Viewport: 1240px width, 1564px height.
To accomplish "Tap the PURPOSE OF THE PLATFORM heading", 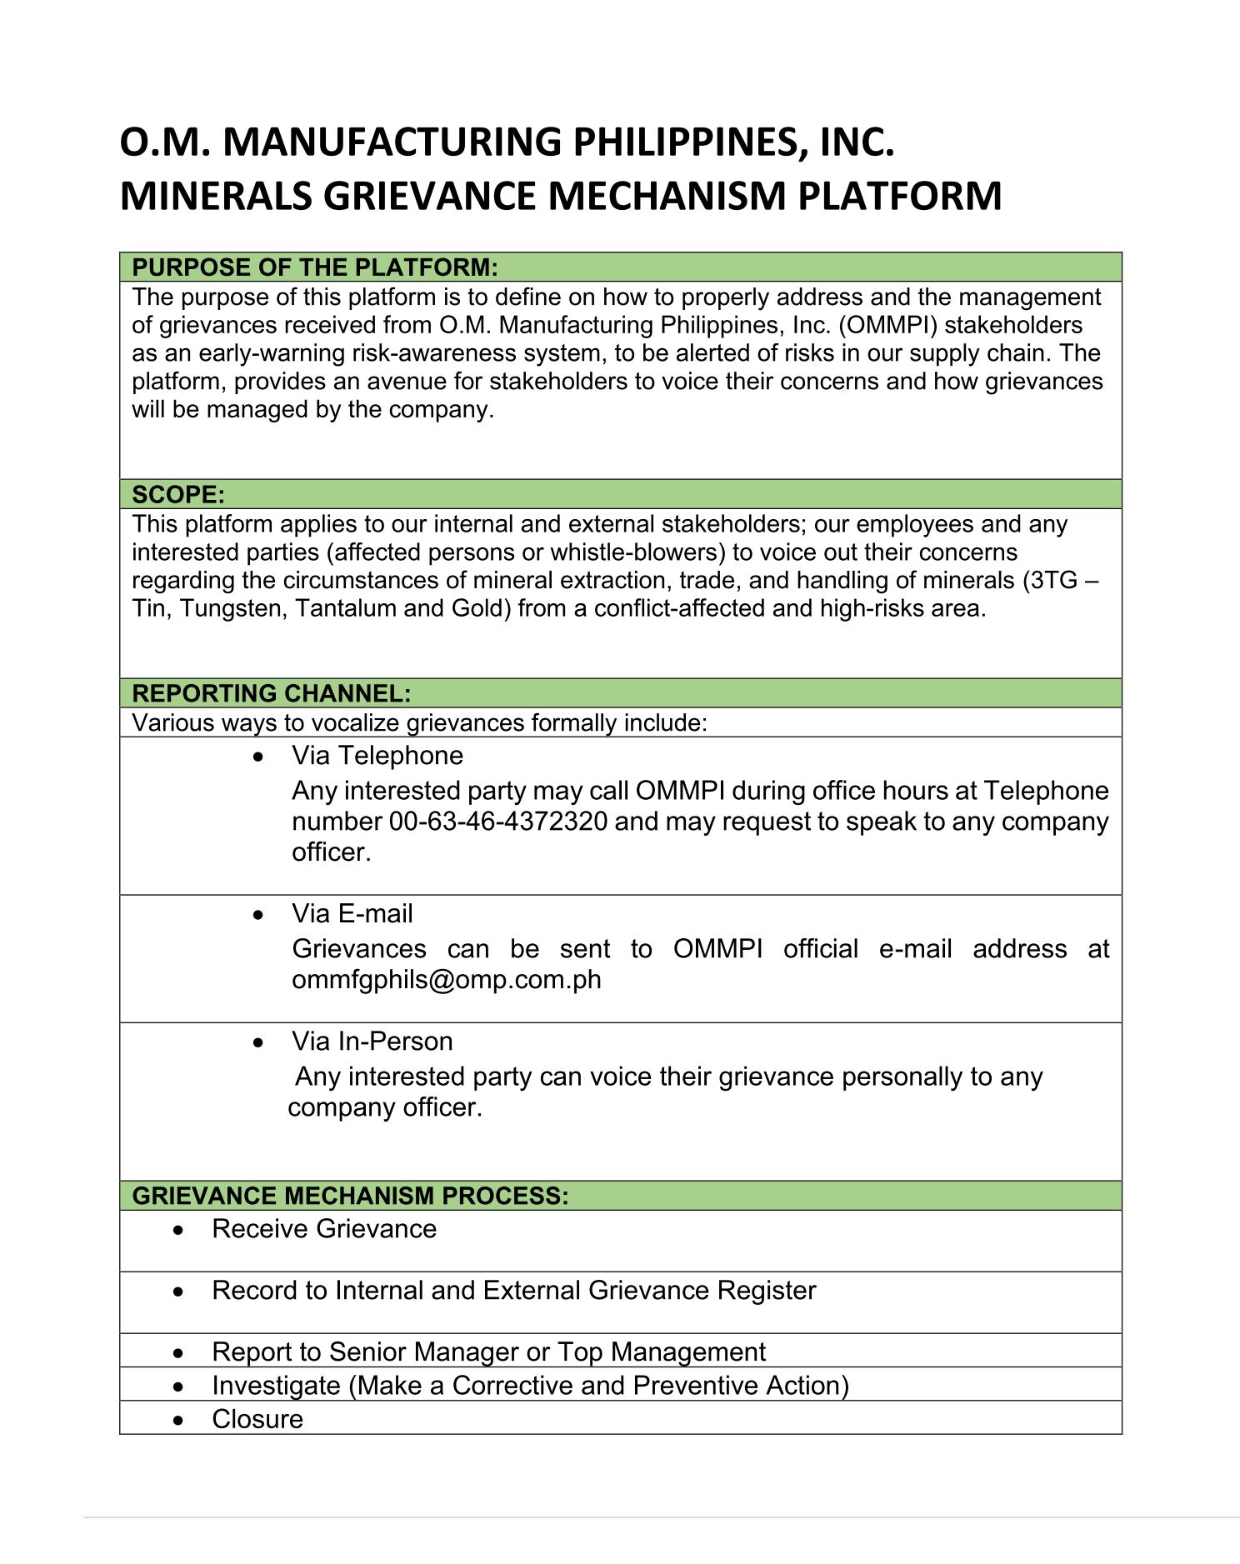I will point(314,267).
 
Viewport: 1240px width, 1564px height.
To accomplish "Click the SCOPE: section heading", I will point(178,495).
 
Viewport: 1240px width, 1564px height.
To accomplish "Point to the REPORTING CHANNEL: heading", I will point(272,693).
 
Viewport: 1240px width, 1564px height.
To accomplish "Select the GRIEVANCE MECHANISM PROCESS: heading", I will point(350,1196).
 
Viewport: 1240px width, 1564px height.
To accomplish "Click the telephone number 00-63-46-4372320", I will point(498,822).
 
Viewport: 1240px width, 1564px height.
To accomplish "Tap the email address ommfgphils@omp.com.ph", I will point(447,979).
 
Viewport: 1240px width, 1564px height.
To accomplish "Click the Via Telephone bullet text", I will point(377,756).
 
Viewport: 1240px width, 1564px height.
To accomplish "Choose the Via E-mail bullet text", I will point(352,914).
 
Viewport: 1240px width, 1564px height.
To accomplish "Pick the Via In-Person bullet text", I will point(372,1042).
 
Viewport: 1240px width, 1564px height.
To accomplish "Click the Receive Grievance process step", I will point(324,1229).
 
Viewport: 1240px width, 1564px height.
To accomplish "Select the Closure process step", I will point(257,1419).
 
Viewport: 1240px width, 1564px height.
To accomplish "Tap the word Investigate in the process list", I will point(276,1386).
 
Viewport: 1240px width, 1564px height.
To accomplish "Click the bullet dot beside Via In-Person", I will point(259,1043).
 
